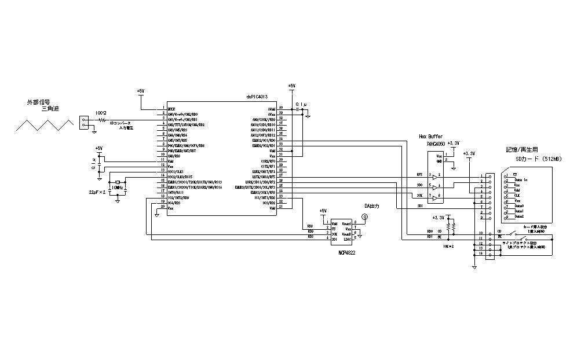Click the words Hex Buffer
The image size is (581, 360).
(x=430, y=136)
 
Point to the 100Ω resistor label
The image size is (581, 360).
(x=101, y=112)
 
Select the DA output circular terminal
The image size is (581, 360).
(x=364, y=217)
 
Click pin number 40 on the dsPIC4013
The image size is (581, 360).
(x=280, y=108)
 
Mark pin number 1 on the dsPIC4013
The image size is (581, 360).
(x=164, y=108)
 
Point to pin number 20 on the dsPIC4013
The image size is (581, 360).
(x=164, y=208)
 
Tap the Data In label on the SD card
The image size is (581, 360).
(x=520, y=180)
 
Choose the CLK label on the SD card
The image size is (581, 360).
(x=517, y=196)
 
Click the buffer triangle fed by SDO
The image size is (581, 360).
(x=433, y=186)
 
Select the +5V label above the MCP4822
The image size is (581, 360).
(x=323, y=210)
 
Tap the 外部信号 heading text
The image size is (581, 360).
(x=38, y=102)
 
